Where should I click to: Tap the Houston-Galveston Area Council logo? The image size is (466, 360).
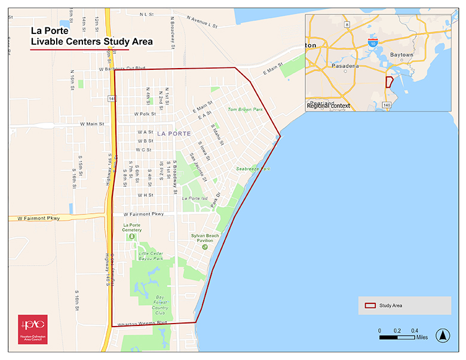tap(33, 329)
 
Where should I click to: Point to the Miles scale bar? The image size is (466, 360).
tap(397, 337)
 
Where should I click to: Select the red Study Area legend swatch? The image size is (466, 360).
tap(370, 305)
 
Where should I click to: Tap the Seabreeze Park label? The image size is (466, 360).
tap(253, 169)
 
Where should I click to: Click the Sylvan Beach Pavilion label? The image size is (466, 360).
tap(205, 238)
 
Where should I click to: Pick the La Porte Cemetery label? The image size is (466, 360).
tap(132, 227)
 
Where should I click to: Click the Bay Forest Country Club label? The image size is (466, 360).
tap(160, 304)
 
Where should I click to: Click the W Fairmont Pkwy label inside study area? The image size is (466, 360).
tap(143, 213)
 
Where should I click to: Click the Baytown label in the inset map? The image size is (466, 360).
tap(401, 54)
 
